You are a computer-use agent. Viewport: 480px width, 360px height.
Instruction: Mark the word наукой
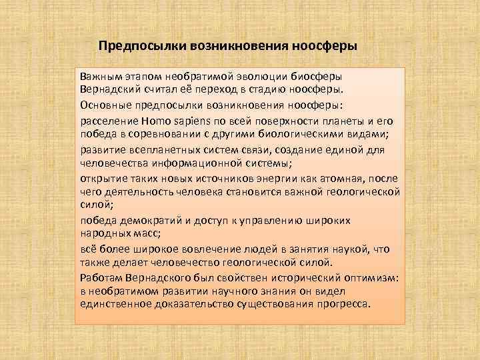point(349,249)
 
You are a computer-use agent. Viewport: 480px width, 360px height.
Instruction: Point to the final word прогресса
point(341,303)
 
